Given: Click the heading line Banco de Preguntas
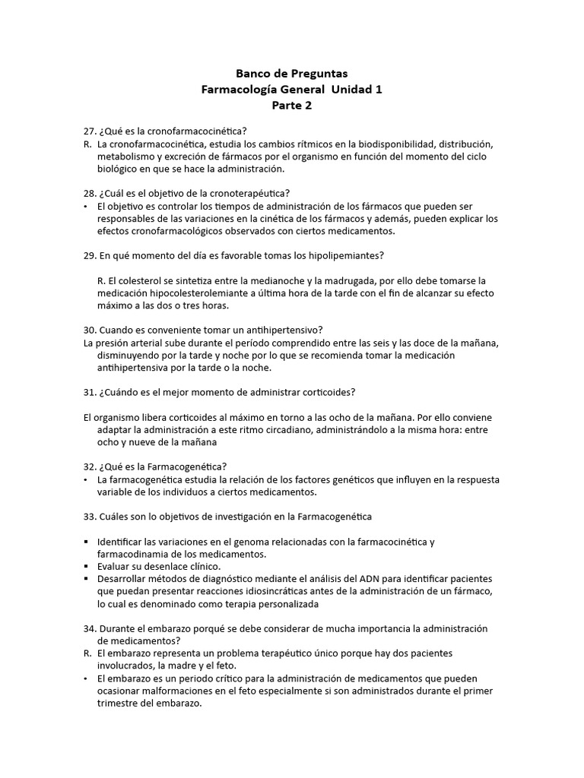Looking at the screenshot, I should click(291, 74).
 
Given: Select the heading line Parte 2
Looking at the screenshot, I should click(291, 106).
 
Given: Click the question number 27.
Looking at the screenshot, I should click(90, 131).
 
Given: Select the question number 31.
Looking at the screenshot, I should click(90, 392).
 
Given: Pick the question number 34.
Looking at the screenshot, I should click(90, 629).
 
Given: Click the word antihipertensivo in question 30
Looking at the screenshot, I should click(277, 330).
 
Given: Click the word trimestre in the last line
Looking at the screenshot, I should click(120, 704).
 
